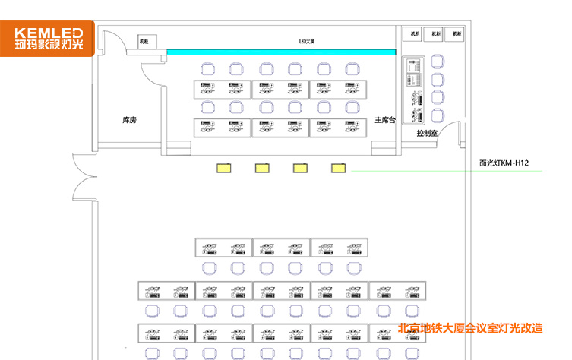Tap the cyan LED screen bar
[281, 52]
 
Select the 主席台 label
[386, 120]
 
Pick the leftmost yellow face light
[224, 167]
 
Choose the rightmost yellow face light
[338, 167]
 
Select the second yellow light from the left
[262, 167]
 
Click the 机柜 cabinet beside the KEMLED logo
[144, 41]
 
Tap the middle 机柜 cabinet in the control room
[435, 34]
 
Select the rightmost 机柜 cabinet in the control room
[456, 34]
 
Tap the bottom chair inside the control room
[437, 115]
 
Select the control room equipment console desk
[415, 91]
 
